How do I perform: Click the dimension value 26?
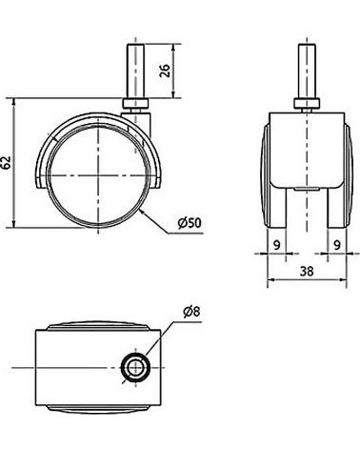[x=165, y=71]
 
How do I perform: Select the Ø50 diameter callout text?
[x=190, y=223]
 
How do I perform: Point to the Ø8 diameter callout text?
[x=191, y=312]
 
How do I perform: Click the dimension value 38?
[x=307, y=271]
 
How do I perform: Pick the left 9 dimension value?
[x=277, y=245]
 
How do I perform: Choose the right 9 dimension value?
[x=337, y=245]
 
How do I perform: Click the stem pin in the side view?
[x=136, y=72]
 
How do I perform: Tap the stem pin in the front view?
[x=307, y=72]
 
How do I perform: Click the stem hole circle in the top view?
[x=136, y=367]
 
